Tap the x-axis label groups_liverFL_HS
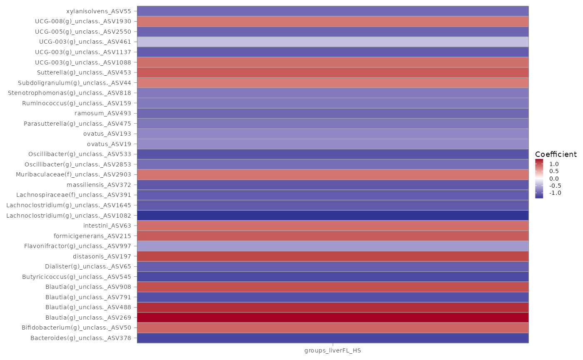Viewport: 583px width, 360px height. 333,350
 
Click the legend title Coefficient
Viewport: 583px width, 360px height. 556,154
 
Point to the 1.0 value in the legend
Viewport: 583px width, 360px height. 554,164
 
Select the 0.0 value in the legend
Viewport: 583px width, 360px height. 554,179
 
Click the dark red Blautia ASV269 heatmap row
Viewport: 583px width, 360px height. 333,318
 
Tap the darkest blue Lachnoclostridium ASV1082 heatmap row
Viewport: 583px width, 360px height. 333,215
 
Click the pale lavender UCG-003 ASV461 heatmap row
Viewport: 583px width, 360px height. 333,42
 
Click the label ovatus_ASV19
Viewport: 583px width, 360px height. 109,144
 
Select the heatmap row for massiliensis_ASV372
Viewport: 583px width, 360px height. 333,185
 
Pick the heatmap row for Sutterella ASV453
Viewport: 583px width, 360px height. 333,72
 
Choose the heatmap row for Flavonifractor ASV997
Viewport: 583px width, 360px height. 333,246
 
